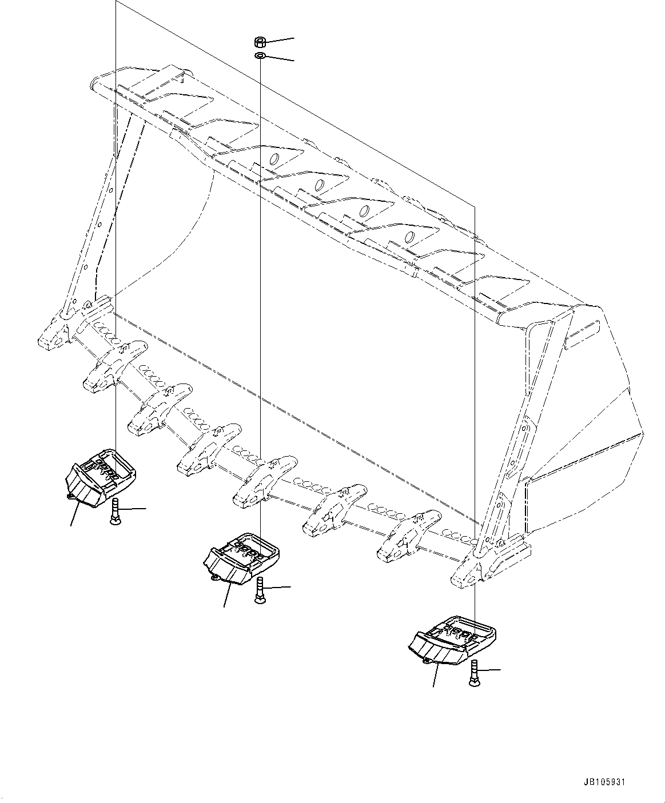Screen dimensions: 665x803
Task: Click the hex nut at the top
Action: (258, 42)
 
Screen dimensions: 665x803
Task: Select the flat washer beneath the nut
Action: (259, 55)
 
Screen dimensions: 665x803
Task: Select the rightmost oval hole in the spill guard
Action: (409, 237)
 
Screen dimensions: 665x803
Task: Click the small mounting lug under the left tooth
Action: (71, 497)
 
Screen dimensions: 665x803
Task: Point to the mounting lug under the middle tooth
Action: (216, 578)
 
